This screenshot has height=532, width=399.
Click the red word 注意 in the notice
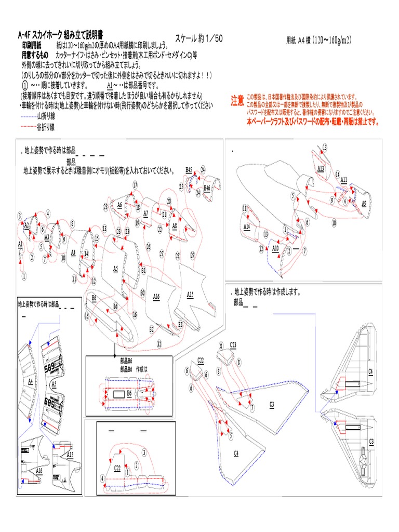[237, 101]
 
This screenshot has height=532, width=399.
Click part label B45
[189, 170]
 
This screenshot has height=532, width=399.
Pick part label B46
[207, 188]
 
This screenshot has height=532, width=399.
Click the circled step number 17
[135, 185]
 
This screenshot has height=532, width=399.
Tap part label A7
[145, 213]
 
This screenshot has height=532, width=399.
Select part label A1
[20, 244]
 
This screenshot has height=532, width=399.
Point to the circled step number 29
[192, 255]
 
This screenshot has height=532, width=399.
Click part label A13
[321, 168]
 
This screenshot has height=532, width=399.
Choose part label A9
[364, 203]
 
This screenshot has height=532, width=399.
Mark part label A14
[247, 227]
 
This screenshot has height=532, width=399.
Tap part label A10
[275, 248]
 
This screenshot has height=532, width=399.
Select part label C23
[233, 345]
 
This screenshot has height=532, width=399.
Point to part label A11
[343, 180]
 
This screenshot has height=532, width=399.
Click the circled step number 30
[142, 292]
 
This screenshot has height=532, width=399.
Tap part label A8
[174, 226]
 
